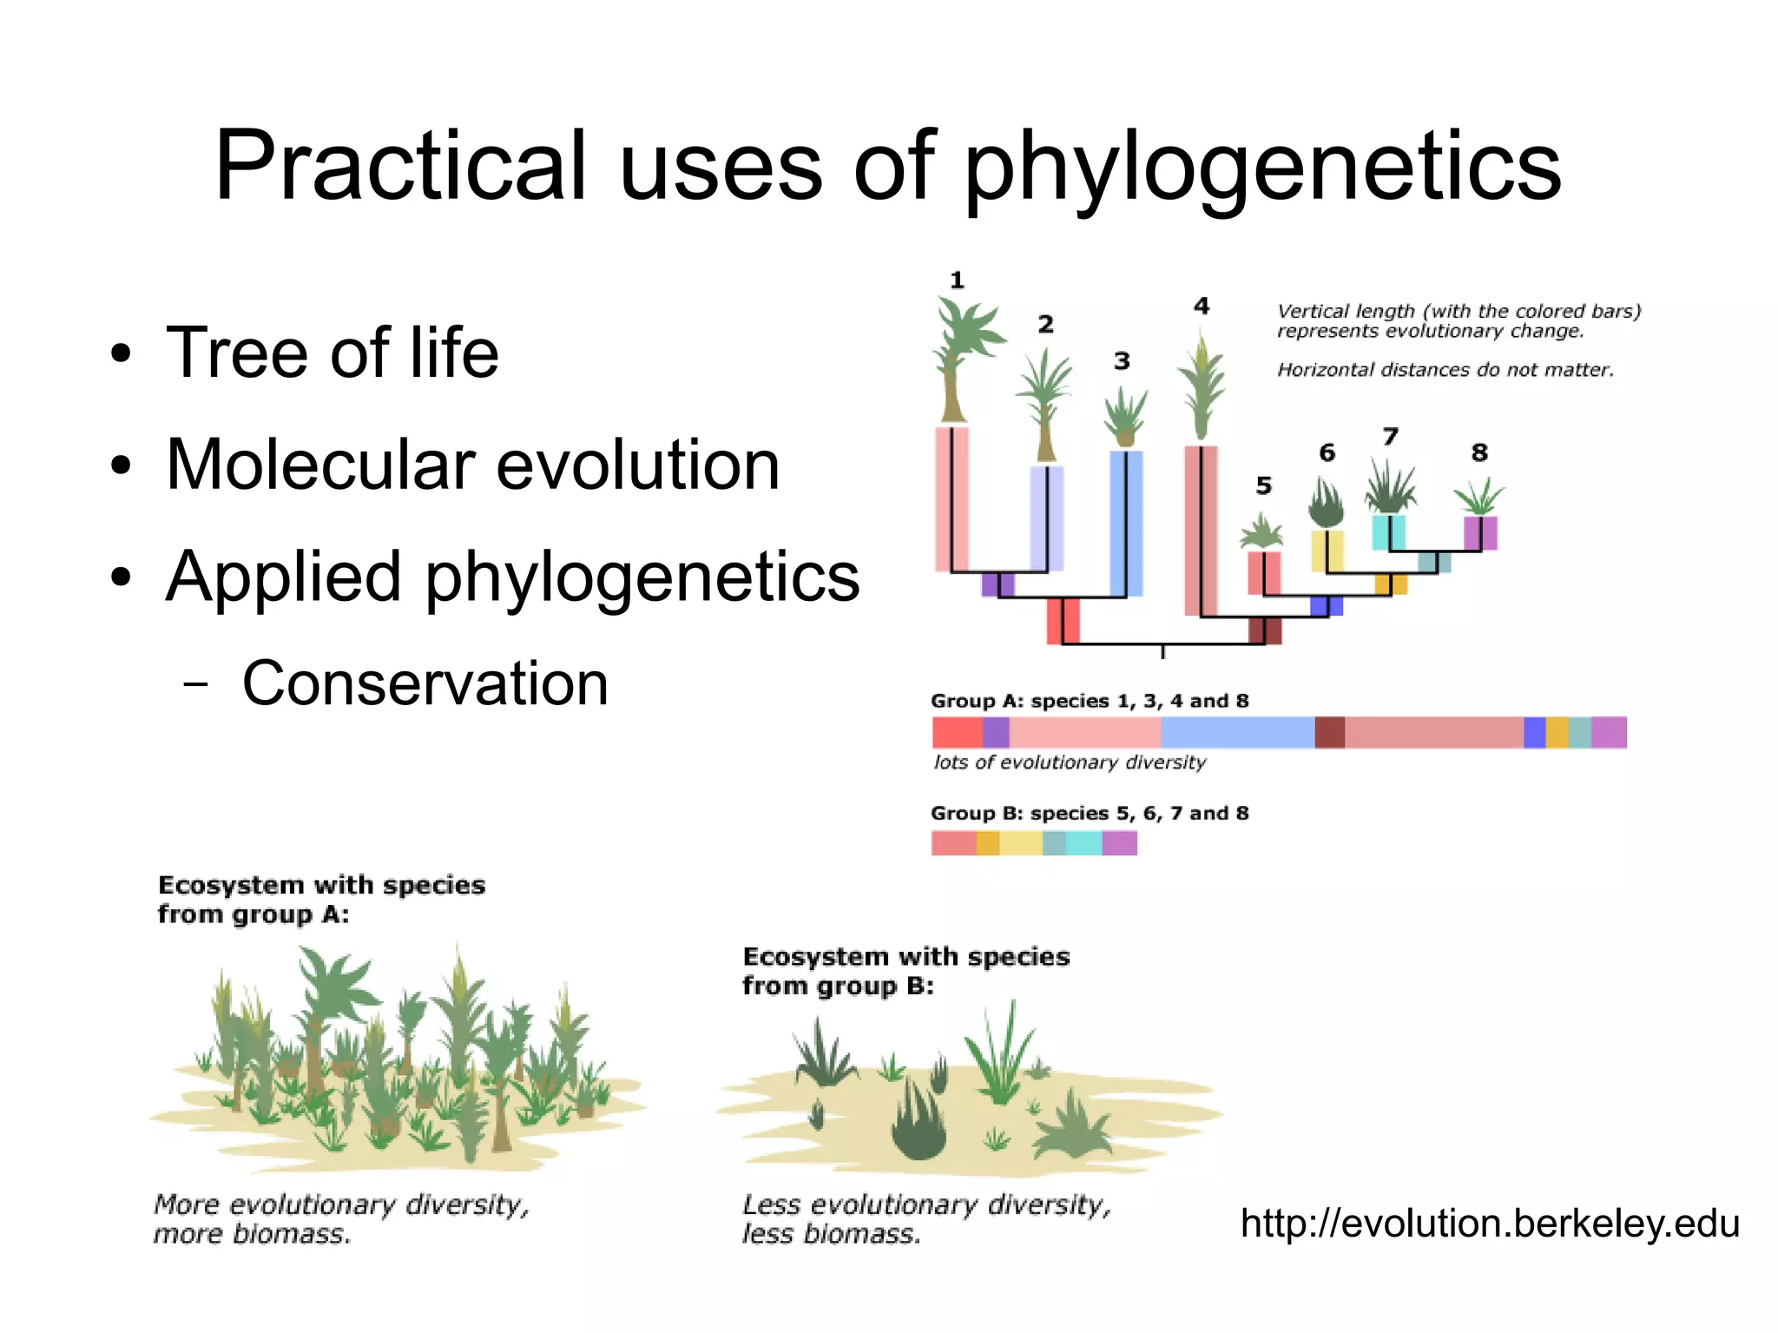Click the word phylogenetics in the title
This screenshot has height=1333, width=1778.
1262,167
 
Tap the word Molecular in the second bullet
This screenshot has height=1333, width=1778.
318,465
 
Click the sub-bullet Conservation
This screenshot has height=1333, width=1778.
425,683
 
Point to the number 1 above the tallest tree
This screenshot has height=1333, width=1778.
957,280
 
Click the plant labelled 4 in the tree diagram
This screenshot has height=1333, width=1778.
1202,386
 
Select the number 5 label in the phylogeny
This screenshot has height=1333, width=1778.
1263,486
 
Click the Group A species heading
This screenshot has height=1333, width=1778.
1089,701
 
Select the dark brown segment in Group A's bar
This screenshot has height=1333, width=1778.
1329,732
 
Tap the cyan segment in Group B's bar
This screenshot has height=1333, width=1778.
1083,843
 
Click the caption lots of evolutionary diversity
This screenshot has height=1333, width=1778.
1070,762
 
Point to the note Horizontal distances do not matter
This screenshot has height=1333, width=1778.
1445,370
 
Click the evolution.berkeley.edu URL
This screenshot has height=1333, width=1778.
1490,1223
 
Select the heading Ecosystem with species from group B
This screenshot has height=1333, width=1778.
905,971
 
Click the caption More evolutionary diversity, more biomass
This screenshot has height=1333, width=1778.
340,1218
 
